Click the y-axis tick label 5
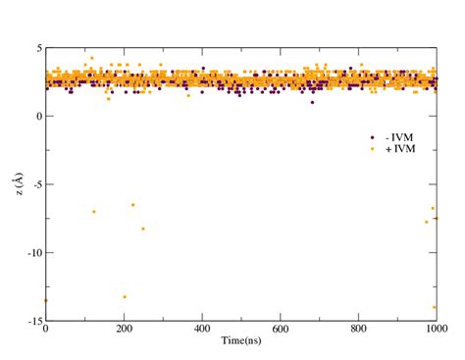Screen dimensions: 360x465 click(37, 48)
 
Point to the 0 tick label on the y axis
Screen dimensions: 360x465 click(37, 117)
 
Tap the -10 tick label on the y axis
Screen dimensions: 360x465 click(33, 253)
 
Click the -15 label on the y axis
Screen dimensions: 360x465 click(33, 321)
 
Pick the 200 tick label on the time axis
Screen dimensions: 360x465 click(124, 331)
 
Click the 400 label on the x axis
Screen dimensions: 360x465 click(202, 331)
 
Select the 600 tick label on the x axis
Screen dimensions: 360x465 click(281, 331)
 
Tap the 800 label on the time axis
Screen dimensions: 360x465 click(359, 331)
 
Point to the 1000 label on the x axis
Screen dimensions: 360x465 click(436, 331)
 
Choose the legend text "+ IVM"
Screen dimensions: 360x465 click(397, 148)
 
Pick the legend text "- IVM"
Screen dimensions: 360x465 click(397, 136)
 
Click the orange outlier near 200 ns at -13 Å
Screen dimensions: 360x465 click(125, 296)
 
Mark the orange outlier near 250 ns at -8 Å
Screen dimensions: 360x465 click(143, 229)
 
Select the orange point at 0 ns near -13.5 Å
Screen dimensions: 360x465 click(46, 300)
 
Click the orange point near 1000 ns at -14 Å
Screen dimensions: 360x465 click(435, 307)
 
